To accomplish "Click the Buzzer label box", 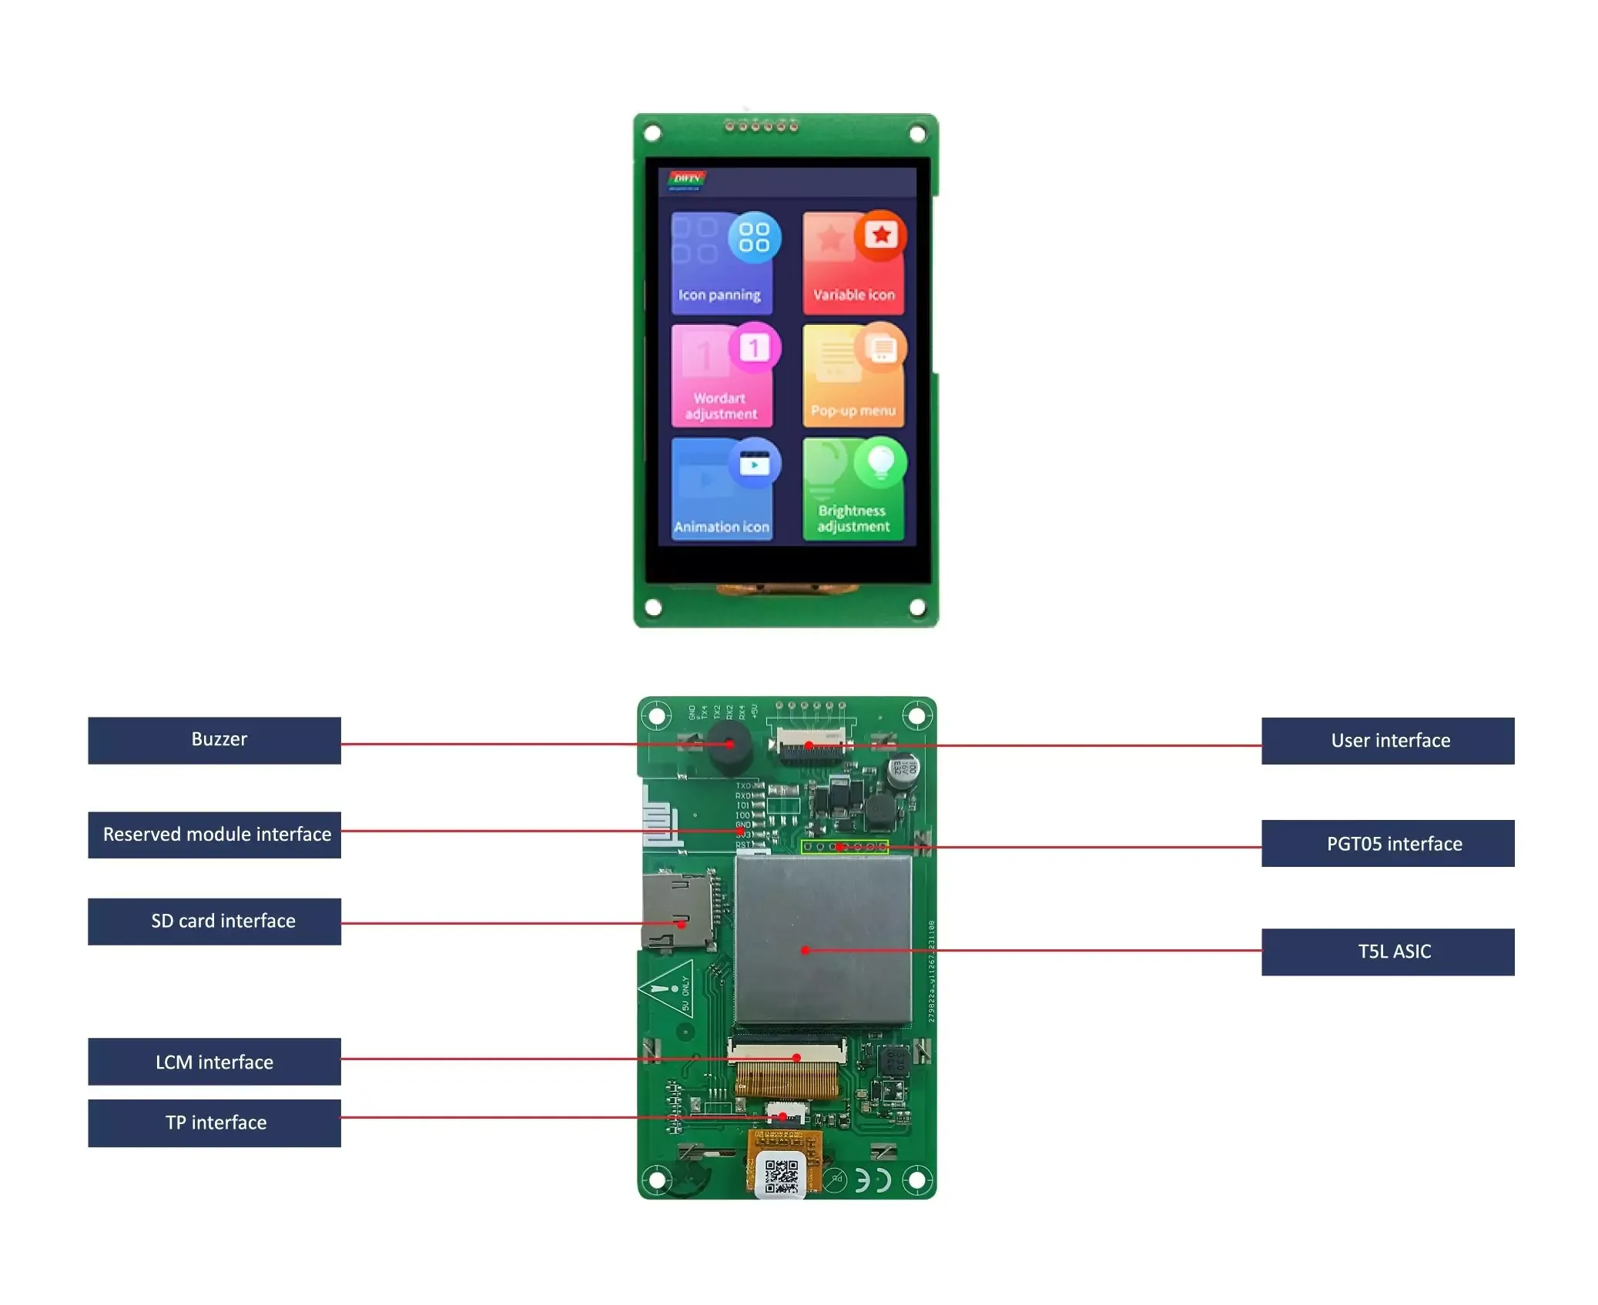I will pyautogui.click(x=214, y=740).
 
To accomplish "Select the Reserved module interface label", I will pyautogui.click(x=214, y=835).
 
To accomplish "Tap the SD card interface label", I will pyautogui.click(x=214, y=921).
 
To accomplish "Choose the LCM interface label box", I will pyautogui.click(x=214, y=1062).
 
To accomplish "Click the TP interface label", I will pyautogui.click(x=214, y=1123).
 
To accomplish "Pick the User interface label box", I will pyautogui.click(x=1387, y=741).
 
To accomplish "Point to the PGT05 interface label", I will pyautogui.click(x=1387, y=843).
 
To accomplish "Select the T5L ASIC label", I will pyautogui.click(x=1387, y=952).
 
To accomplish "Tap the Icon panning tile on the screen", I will pyautogui.click(x=722, y=264).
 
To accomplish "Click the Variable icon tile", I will pyautogui.click(x=853, y=264).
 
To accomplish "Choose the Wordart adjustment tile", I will pyautogui.click(x=722, y=376).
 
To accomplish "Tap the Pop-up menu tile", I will pyautogui.click(x=853, y=376).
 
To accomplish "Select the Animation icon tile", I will pyautogui.click(x=722, y=490).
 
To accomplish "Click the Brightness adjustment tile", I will pyautogui.click(x=853, y=490).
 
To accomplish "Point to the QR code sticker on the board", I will pyautogui.click(x=780, y=1176).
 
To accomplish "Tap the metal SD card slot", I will pyautogui.click(x=676, y=910).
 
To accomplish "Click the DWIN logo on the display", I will pyautogui.click(x=685, y=179).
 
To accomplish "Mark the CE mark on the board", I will pyautogui.click(x=873, y=1180).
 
